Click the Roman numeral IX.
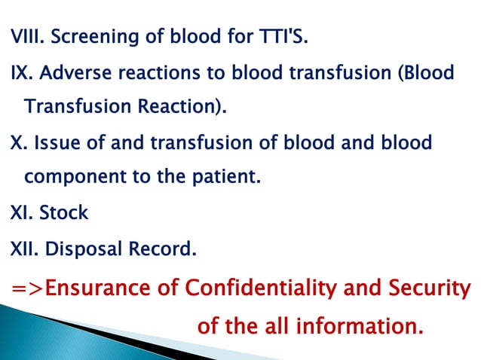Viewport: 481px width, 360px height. [20, 74]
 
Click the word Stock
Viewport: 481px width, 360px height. [64, 213]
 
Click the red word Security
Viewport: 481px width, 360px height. [429, 288]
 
